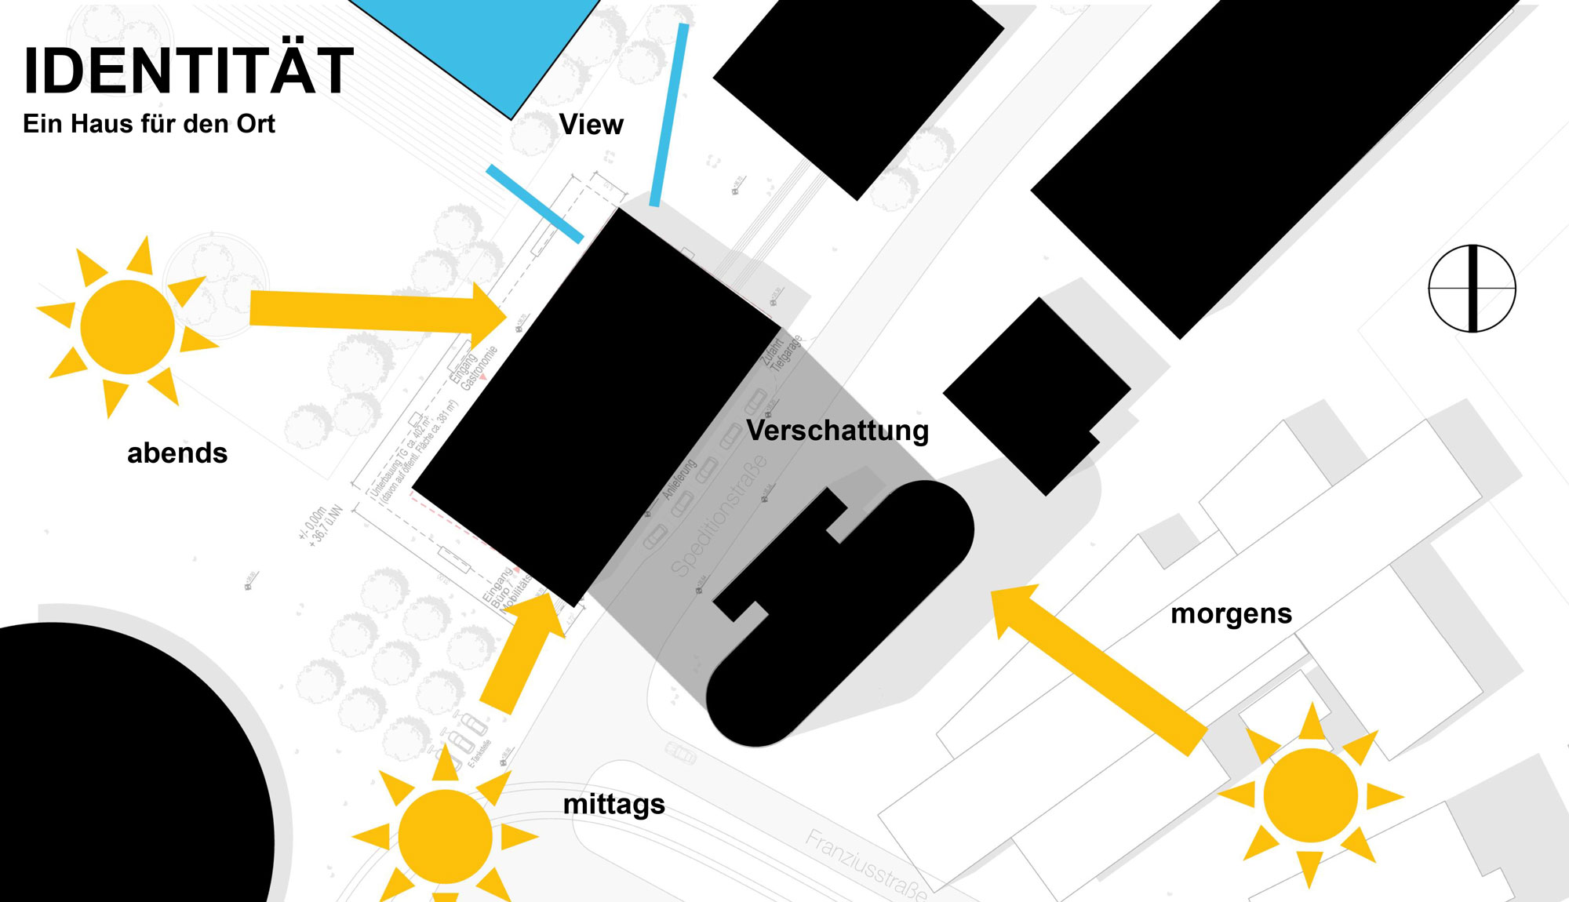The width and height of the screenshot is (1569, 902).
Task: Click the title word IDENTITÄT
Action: pyautogui.click(x=188, y=71)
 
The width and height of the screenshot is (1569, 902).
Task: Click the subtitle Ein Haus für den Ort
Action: pyautogui.click(x=149, y=124)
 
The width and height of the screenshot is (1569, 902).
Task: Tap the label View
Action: pyautogui.click(x=591, y=125)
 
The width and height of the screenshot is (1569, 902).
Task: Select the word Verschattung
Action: pyautogui.click(x=837, y=431)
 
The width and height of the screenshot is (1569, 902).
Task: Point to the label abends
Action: pyautogui.click(x=177, y=453)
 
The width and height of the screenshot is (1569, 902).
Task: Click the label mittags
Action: pyautogui.click(x=613, y=804)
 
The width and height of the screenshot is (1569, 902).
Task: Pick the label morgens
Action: pyautogui.click(x=1231, y=613)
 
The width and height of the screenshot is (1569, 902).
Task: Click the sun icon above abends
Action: pyautogui.click(x=128, y=326)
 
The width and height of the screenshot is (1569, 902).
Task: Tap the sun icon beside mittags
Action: pyautogui.click(x=445, y=836)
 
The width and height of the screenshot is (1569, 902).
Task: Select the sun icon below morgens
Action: pyautogui.click(x=1310, y=795)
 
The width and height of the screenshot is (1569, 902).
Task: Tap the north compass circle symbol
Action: pyautogui.click(x=1472, y=289)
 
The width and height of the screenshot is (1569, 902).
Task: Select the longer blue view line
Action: pyautogui.click(x=669, y=115)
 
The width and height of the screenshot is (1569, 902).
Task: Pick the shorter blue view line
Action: pyautogui.click(x=534, y=203)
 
